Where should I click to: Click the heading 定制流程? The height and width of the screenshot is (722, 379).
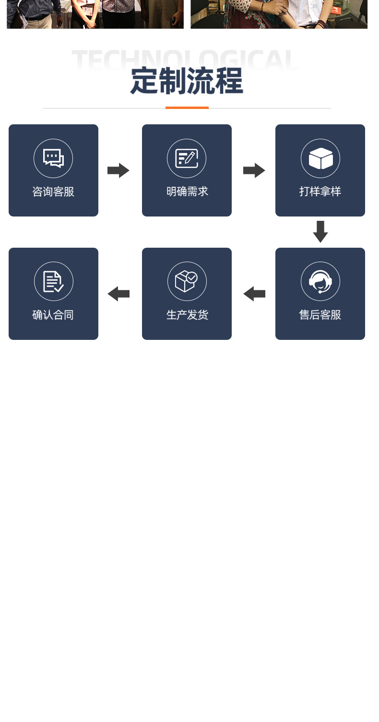pos(187,81)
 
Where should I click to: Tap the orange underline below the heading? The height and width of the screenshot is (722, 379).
pos(187,108)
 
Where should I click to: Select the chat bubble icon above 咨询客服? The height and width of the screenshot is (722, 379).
pos(53,158)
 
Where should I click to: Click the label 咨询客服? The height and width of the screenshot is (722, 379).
pos(53,192)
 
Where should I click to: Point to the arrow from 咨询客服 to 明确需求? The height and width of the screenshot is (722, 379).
pos(118,170)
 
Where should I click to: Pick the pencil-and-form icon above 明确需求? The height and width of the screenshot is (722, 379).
pos(187,158)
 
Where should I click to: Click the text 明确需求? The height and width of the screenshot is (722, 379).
pos(187,192)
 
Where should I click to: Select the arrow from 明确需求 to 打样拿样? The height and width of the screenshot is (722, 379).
pos(254,170)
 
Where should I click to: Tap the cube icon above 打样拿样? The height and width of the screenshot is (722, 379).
pos(320,158)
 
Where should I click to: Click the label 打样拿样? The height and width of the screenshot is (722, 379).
pos(320,192)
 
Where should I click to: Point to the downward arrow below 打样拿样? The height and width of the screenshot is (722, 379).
pos(320,232)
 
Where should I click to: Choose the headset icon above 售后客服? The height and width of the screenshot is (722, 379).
pos(320,282)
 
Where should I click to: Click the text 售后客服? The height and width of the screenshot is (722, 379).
pos(320,315)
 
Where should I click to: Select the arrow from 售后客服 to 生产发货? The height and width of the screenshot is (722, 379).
pos(254,294)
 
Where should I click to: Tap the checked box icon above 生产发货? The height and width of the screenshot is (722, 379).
pos(187,281)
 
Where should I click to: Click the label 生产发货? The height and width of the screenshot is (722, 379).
pos(187,315)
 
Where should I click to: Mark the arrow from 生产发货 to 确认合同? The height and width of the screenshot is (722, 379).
pos(118,294)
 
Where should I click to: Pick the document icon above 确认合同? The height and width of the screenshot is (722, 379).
pos(53,282)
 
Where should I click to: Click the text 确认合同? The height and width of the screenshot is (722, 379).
pos(53,315)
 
